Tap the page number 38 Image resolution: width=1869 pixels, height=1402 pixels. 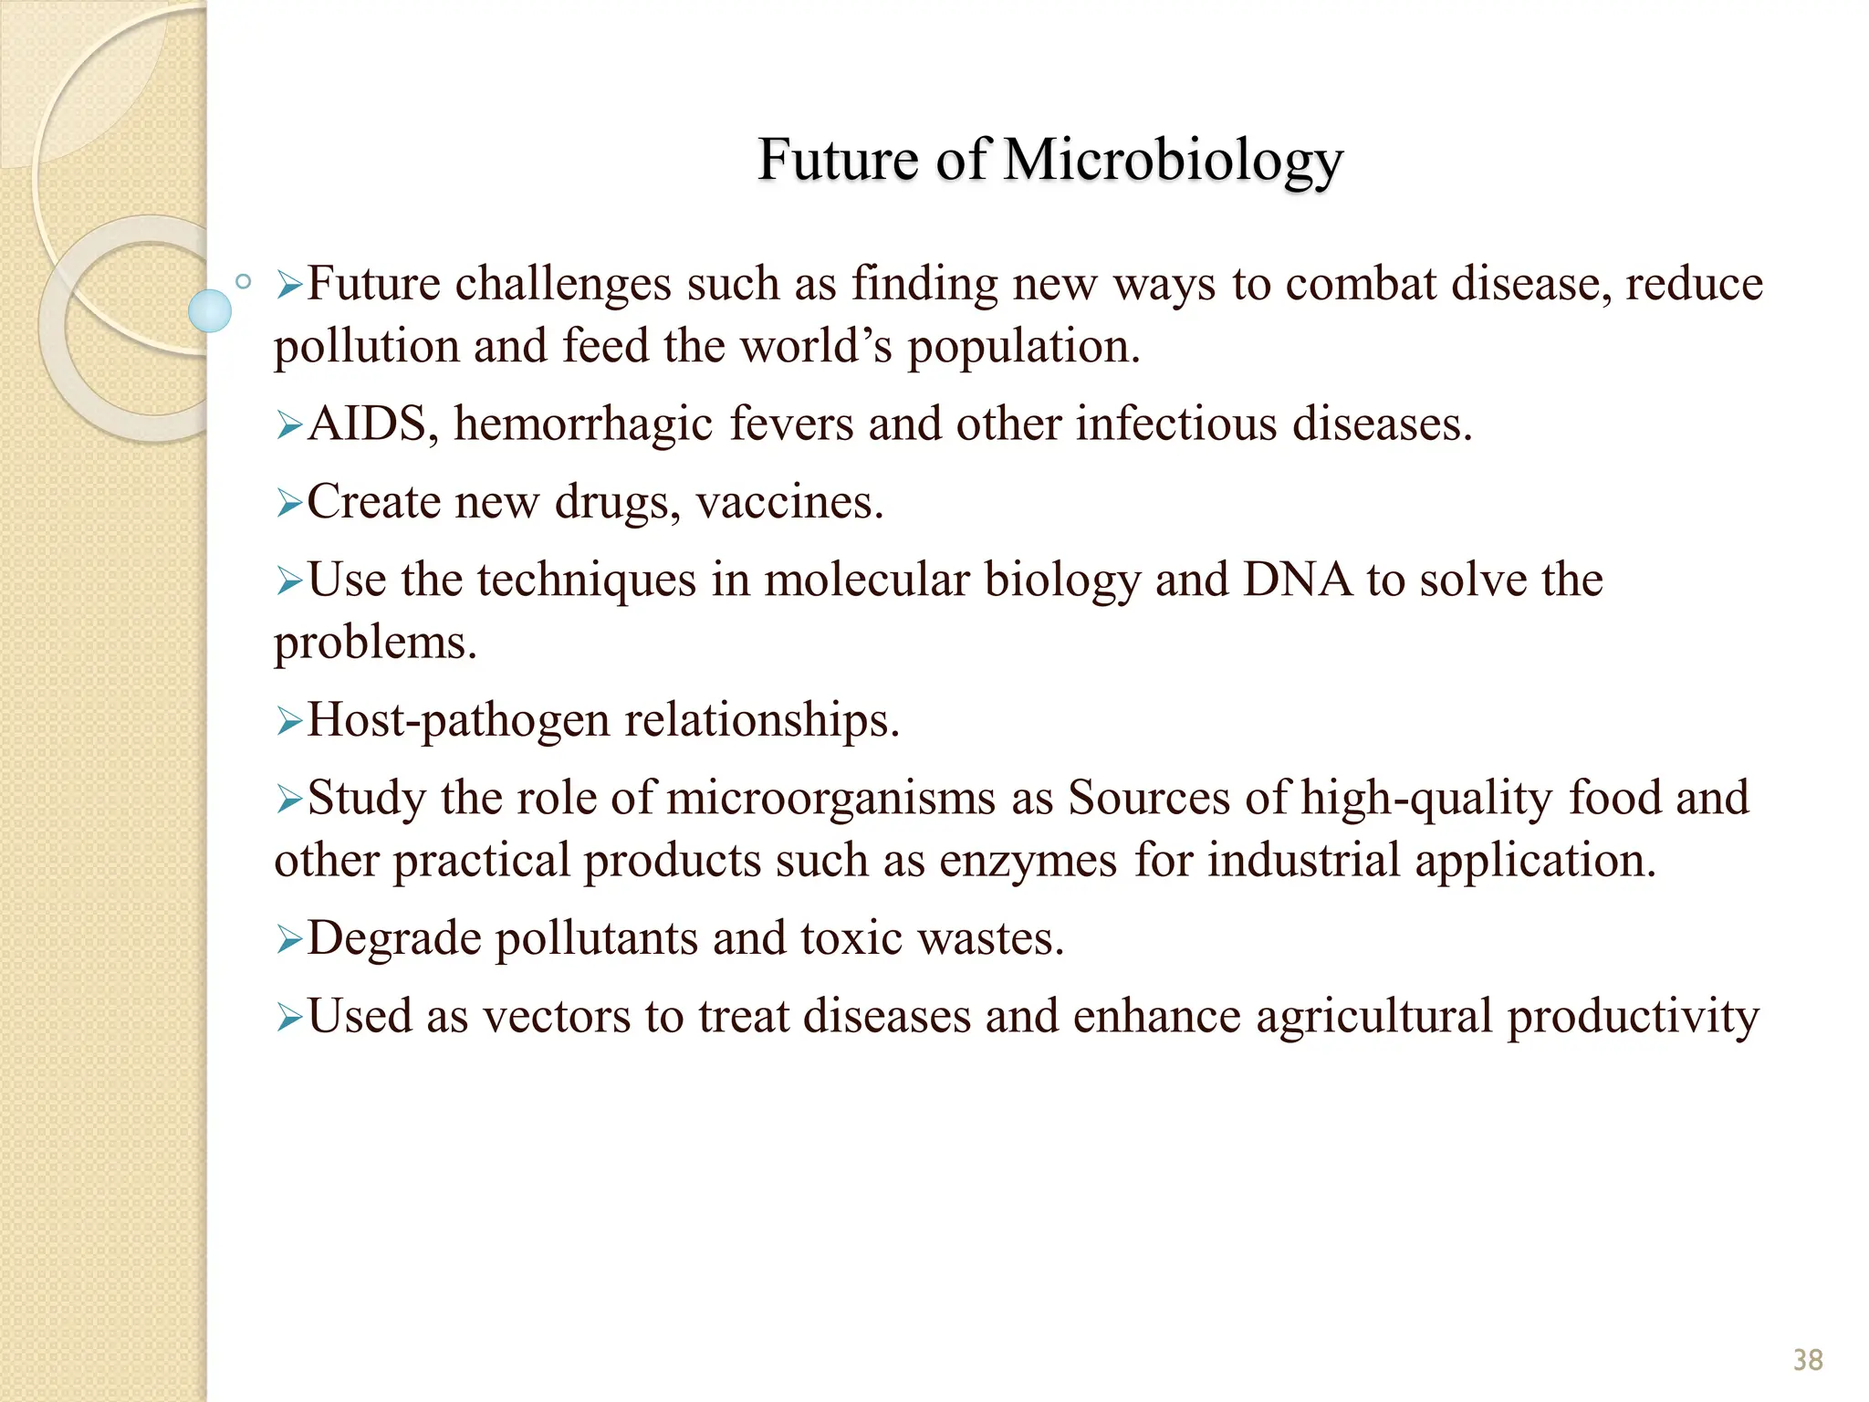pos(1807,1360)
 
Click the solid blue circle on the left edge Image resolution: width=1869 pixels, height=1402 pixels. pos(210,310)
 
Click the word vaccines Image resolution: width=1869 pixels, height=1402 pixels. pos(789,503)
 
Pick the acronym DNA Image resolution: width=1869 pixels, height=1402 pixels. pos(1297,580)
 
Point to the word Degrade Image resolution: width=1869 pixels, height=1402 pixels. pos(394,939)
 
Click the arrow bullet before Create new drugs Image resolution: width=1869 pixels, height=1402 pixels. pos(289,503)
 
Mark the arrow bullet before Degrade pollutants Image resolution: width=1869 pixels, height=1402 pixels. pos(289,939)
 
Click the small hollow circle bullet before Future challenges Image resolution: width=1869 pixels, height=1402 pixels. pos(243,282)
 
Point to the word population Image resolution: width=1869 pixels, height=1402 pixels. pos(1023,348)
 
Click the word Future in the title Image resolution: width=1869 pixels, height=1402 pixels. pos(838,160)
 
